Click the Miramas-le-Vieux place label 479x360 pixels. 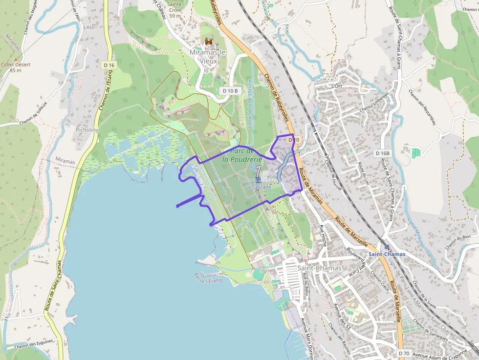209,56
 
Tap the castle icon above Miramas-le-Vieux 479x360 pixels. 209,43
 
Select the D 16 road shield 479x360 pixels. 109,65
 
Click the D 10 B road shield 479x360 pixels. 230,90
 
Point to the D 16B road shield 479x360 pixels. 383,153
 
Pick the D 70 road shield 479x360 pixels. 403,353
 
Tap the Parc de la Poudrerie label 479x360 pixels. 242,155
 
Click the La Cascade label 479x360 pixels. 258,187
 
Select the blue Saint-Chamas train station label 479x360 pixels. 387,254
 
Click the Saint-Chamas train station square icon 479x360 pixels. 387,247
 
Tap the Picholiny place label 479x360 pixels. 87,130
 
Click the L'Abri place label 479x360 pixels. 90,27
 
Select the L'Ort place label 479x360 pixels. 336,86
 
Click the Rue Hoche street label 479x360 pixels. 323,235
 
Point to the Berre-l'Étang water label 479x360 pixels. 208,278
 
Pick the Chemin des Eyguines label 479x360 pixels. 34,346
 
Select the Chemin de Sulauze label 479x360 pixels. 34,113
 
